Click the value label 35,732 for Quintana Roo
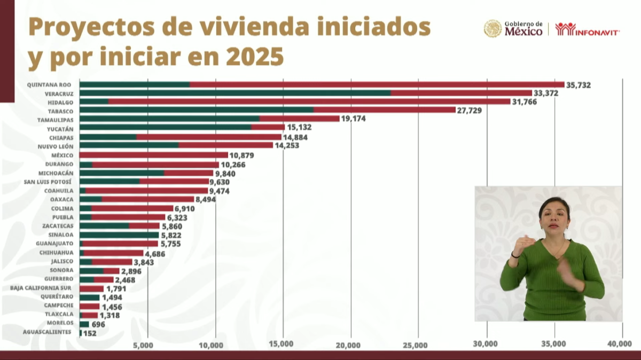(x=579, y=85)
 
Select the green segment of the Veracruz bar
(x=235, y=93)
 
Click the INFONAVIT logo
(x=587, y=29)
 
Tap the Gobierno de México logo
(x=513, y=29)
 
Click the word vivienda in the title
(x=246, y=27)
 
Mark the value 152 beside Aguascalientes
(x=89, y=333)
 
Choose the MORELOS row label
(x=60, y=324)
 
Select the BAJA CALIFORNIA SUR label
(x=40, y=288)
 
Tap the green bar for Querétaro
(x=89, y=298)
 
